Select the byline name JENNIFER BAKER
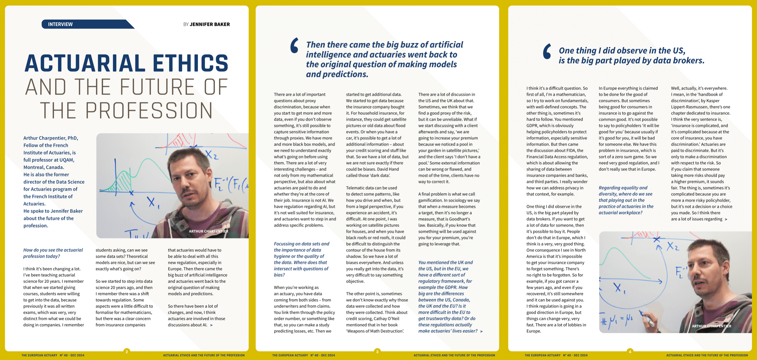tap(210, 24)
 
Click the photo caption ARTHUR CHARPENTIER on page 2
tap(208, 231)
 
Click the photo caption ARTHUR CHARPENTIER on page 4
tap(711, 326)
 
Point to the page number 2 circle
tap(127, 352)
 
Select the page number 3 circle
tap(377, 352)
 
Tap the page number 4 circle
tap(630, 352)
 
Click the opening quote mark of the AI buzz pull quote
tap(294, 45)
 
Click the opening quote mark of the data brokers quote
tap(547, 51)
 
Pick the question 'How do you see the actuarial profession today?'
tap(53, 253)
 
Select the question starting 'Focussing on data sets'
tap(301, 259)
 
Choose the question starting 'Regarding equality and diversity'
tap(626, 200)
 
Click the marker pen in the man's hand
tap(647, 319)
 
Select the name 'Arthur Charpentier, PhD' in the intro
tap(51, 138)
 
